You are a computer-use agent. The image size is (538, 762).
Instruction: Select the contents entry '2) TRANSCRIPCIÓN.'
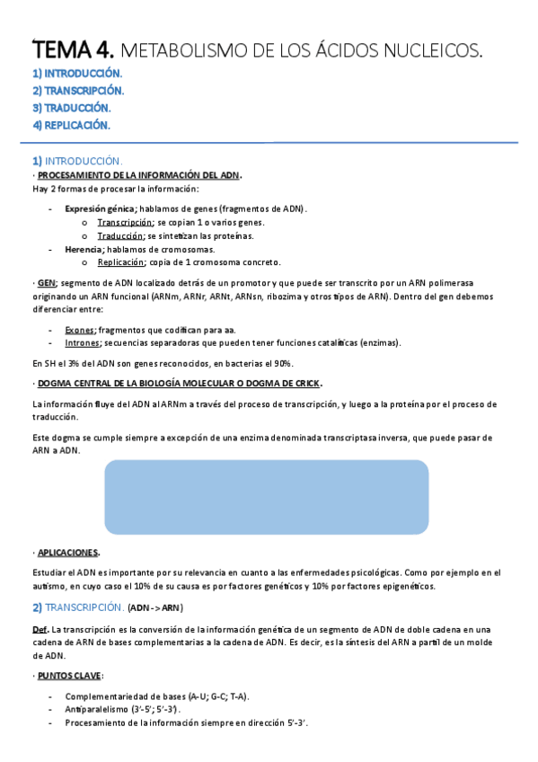point(78,91)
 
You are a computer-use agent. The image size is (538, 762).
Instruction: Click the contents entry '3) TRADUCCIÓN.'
point(71,108)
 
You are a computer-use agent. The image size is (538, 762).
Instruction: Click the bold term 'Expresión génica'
point(100,208)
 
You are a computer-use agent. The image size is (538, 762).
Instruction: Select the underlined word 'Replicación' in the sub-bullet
point(121,262)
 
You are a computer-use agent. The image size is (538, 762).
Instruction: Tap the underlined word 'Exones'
point(81,330)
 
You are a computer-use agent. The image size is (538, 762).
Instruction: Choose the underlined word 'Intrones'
point(83,343)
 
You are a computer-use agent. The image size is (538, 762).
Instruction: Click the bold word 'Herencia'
point(84,249)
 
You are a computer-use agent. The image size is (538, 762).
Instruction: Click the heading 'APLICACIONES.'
point(68,553)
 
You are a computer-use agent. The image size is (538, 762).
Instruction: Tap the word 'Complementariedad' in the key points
point(106,696)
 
